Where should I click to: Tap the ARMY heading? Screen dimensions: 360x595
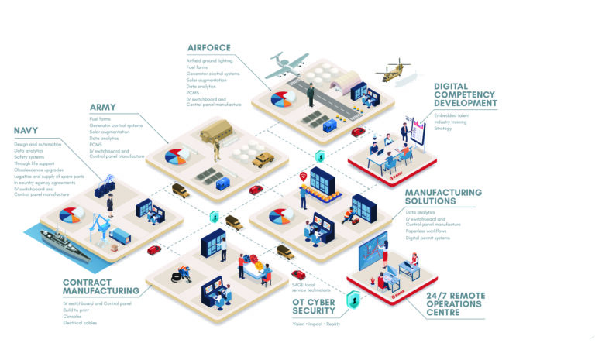point(103,107)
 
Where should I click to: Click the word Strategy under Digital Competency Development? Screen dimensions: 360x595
point(443,129)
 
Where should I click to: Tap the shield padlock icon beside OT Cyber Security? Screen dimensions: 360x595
point(353,298)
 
